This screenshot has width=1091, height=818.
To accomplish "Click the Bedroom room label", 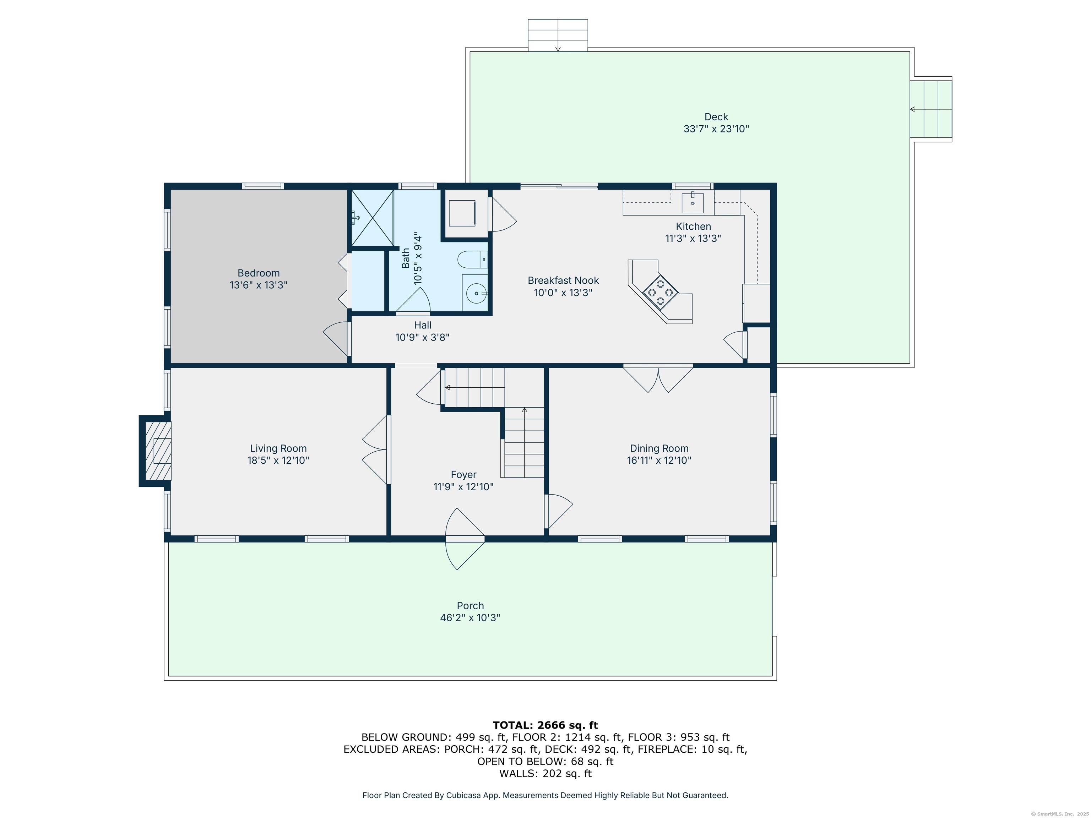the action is pyautogui.click(x=259, y=273).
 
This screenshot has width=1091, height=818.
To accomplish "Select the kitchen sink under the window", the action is pyautogui.click(x=693, y=203).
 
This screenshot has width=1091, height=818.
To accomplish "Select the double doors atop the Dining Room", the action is pyautogui.click(x=658, y=379).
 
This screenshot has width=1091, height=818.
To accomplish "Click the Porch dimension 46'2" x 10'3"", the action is pyautogui.click(x=470, y=618).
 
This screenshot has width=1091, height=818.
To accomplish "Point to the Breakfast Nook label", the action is pyautogui.click(x=563, y=280).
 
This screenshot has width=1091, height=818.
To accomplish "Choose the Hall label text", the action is pyautogui.click(x=423, y=326).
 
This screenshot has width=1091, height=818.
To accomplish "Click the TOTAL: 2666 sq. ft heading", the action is pyautogui.click(x=545, y=725).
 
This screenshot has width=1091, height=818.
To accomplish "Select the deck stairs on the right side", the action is pyautogui.click(x=931, y=109).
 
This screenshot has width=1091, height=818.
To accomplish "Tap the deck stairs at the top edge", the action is pyautogui.click(x=558, y=35).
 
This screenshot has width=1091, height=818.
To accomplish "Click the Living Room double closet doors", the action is pyautogui.click(x=376, y=450).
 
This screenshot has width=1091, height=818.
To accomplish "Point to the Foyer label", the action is pyautogui.click(x=463, y=475).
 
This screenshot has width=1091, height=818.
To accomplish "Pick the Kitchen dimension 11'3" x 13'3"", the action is pyautogui.click(x=693, y=239).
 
